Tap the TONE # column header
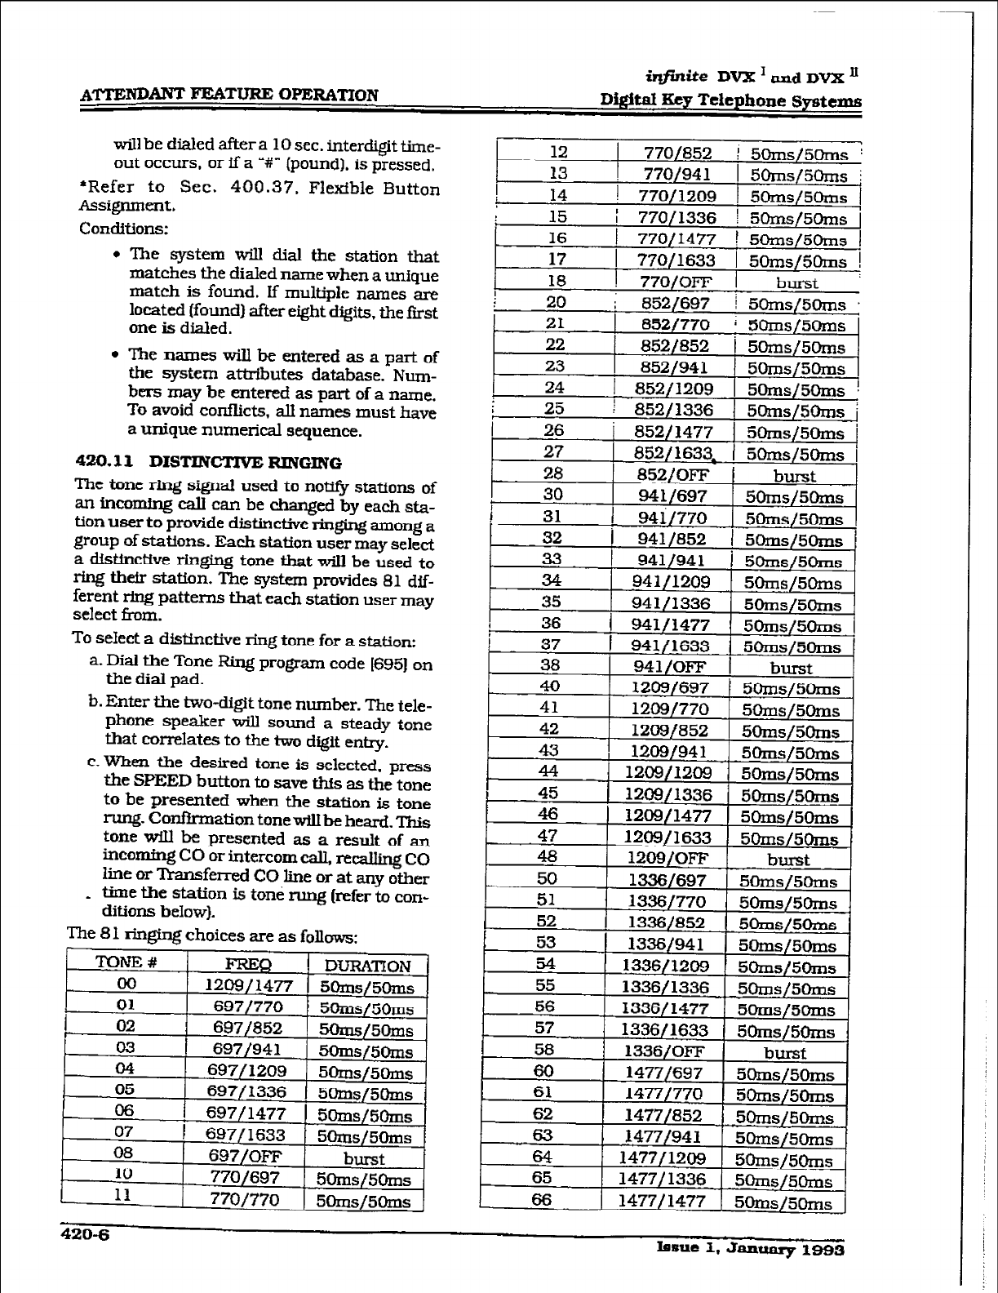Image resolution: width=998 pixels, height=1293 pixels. (126, 962)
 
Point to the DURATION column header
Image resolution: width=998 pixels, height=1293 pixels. (367, 966)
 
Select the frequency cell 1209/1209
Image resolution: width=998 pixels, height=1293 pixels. (668, 772)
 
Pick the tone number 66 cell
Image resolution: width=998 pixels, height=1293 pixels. (543, 1199)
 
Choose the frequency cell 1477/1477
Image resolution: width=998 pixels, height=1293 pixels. (661, 1201)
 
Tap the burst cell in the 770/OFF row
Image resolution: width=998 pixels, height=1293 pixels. (796, 283)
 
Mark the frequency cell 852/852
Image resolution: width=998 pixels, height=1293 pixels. (676, 346)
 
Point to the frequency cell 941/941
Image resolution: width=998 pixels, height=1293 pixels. (674, 561)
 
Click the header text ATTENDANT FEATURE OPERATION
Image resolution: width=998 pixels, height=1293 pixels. (228, 95)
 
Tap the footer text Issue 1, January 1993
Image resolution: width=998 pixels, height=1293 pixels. (749, 1250)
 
